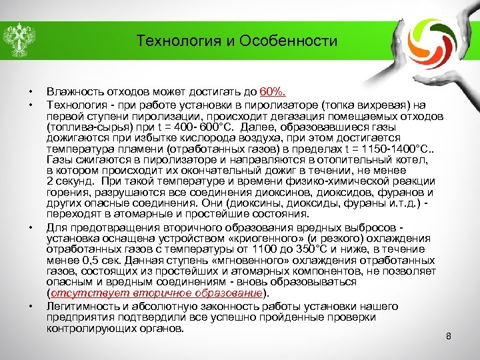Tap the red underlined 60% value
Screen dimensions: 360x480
pos(273,91)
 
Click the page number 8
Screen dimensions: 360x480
pos(449,336)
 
